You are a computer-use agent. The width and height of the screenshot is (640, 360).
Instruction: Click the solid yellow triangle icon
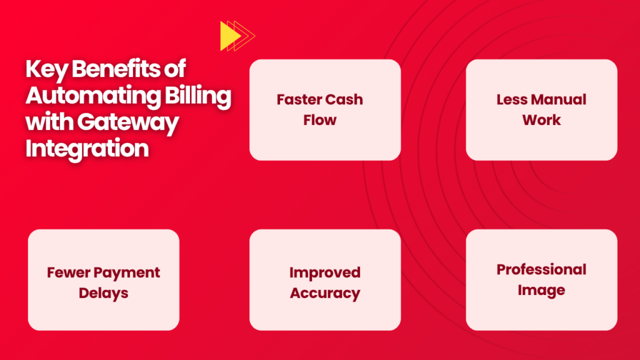click(229, 36)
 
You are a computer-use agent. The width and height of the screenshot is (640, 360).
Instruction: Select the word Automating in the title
click(93, 96)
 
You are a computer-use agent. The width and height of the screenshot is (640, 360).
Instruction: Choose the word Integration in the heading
click(87, 148)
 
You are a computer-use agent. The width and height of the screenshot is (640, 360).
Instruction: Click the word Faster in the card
click(299, 99)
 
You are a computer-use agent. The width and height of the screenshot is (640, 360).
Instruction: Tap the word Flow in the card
click(320, 120)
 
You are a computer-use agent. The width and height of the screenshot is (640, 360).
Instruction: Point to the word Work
click(542, 120)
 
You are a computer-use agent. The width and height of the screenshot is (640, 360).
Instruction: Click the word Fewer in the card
click(66, 272)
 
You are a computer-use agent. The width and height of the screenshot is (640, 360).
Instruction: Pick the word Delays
click(104, 293)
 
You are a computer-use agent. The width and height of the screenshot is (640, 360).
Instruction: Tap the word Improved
click(325, 272)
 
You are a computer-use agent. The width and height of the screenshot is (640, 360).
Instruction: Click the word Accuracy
click(325, 293)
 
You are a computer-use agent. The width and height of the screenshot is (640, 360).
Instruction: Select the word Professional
click(542, 270)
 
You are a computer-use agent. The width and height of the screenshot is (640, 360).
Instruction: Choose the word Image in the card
click(542, 290)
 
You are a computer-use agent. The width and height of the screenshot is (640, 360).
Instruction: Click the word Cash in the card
click(344, 99)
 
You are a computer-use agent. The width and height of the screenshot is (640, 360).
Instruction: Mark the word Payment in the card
click(125, 273)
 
